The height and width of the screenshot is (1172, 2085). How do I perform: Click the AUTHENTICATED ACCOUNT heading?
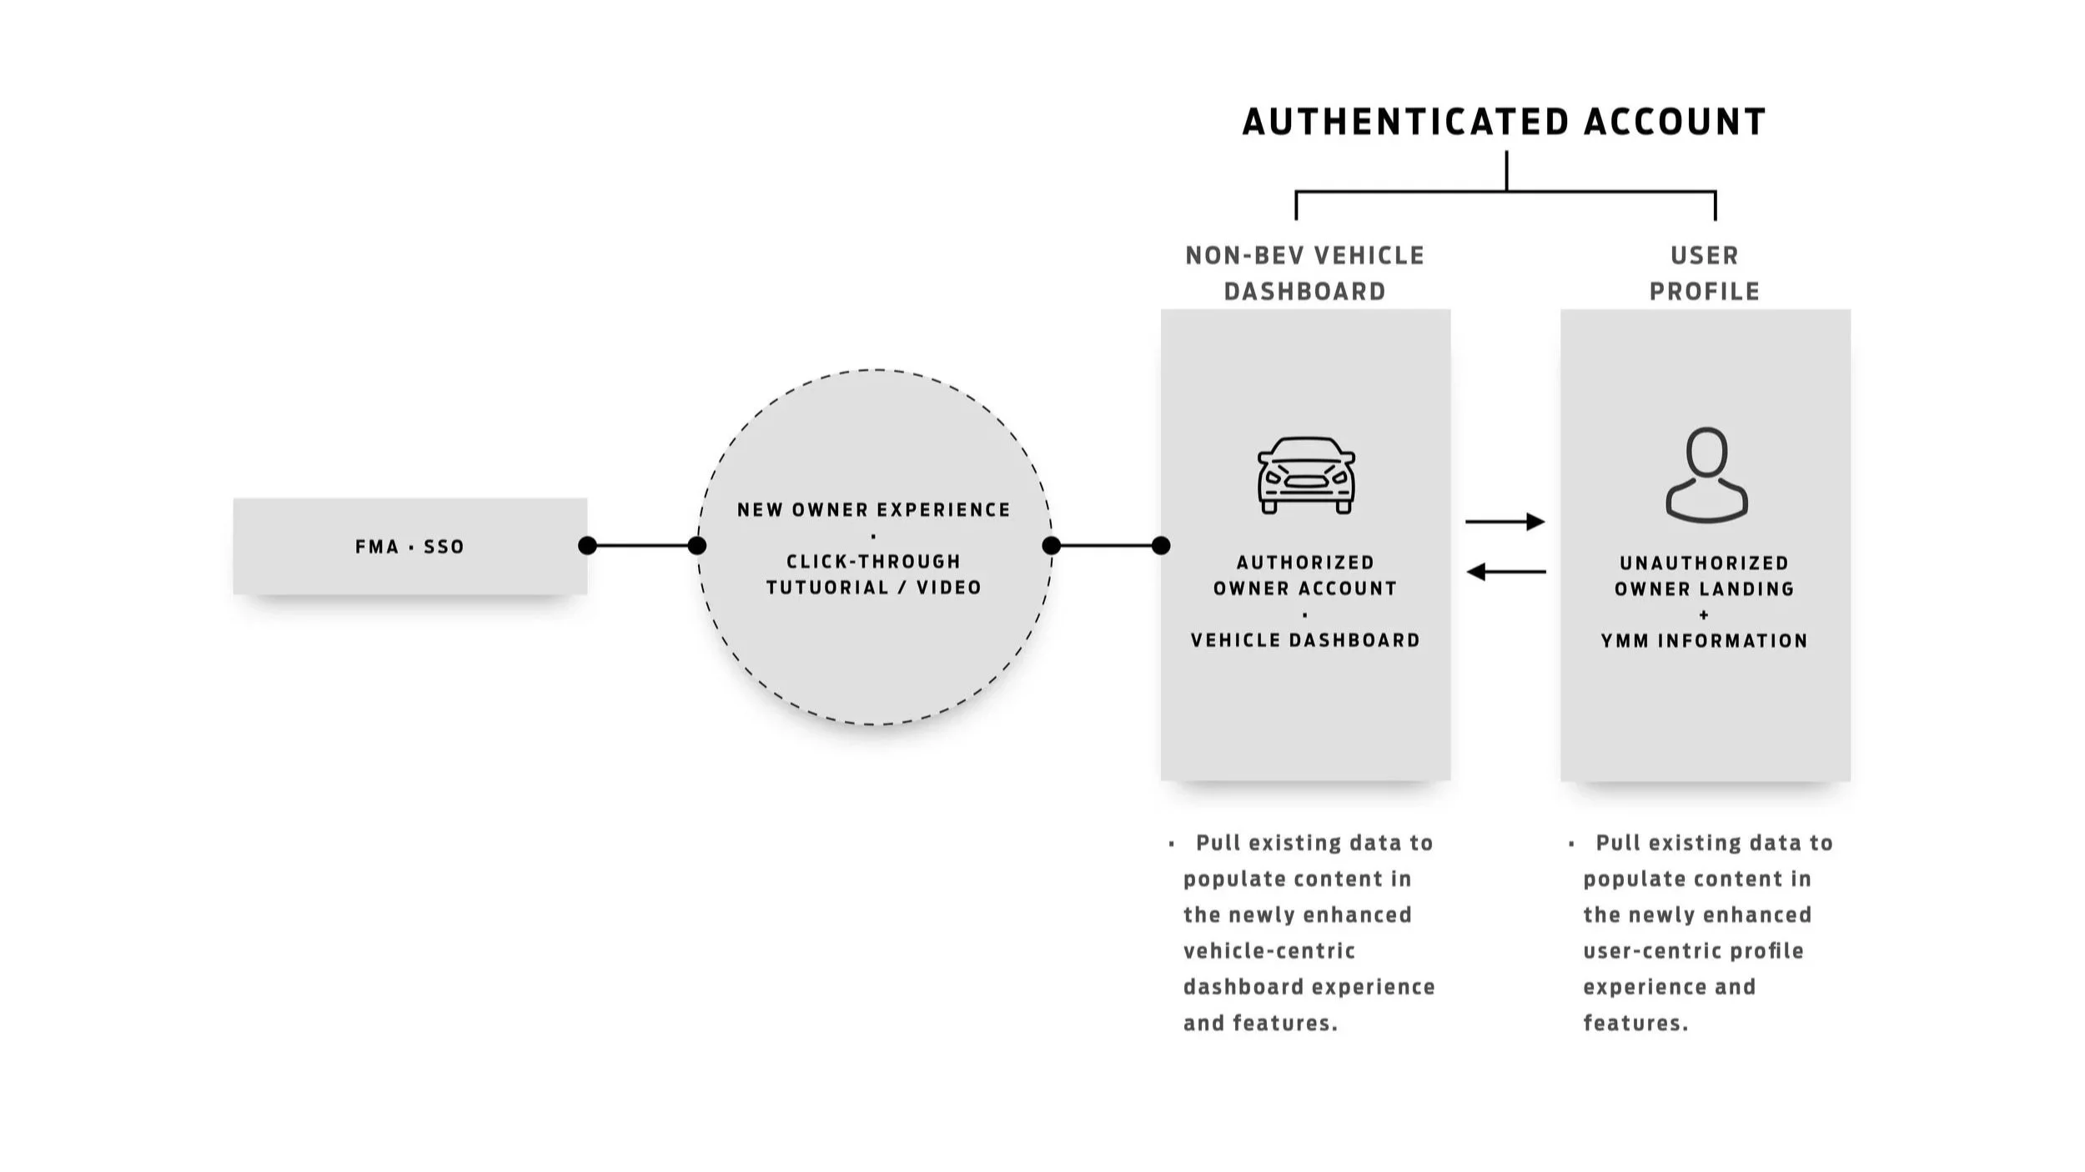coord(1504,122)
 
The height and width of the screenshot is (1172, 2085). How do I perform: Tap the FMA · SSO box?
coord(409,547)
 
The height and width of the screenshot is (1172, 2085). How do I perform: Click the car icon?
coord(1306,475)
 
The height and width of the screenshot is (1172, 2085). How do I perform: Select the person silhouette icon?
coord(1706,475)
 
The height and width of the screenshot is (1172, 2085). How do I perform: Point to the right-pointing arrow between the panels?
coord(1505,522)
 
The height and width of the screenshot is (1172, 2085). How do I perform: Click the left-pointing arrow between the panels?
coord(1505,572)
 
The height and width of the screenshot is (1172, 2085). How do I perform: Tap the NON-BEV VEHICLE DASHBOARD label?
coord(1305,273)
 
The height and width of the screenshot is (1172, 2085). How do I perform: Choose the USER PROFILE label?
coord(1705,273)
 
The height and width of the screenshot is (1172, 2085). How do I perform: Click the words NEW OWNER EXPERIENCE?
coord(874,510)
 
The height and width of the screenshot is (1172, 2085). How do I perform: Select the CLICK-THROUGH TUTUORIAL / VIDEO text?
coord(874,574)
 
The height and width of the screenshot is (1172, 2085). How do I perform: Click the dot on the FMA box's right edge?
coord(587,546)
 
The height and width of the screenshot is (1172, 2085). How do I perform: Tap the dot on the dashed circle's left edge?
coord(697,546)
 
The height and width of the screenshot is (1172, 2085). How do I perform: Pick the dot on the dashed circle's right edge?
coord(1052,546)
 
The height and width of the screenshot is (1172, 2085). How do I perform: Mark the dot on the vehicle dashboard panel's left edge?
coord(1161,546)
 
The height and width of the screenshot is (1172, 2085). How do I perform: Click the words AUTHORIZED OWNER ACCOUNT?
coord(1305,575)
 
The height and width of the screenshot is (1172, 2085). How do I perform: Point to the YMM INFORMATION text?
coord(1705,641)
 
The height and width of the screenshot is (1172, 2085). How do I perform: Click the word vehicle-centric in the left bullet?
coord(1269,951)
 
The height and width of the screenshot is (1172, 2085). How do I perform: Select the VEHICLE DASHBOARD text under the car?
coord(1305,640)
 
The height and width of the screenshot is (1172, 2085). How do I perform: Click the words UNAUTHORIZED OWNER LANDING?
coord(1705,576)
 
